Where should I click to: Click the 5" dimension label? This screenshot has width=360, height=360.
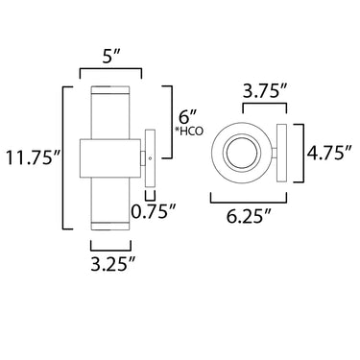(111, 57)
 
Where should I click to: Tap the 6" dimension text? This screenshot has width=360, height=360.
(185, 116)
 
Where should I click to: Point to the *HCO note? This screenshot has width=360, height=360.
(189, 132)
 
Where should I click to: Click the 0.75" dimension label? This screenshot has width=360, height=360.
(154, 211)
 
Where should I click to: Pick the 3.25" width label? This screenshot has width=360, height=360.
(112, 264)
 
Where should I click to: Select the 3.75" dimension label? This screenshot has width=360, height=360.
(265, 92)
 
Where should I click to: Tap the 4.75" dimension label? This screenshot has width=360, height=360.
(330, 153)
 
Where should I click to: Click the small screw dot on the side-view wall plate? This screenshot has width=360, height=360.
(150, 158)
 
